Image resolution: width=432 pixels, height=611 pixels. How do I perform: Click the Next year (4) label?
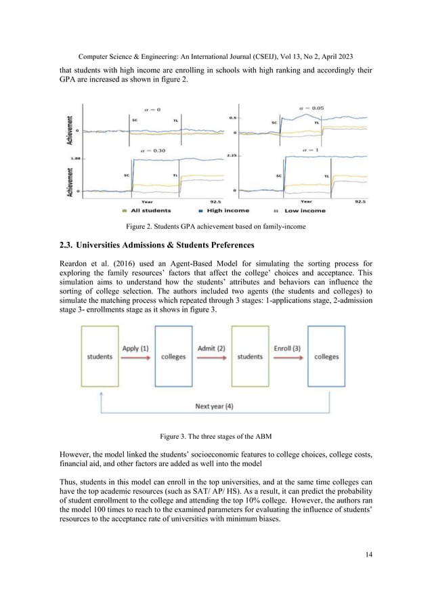tap(215, 406)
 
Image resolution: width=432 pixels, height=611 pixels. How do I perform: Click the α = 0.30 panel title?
tap(154, 152)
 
